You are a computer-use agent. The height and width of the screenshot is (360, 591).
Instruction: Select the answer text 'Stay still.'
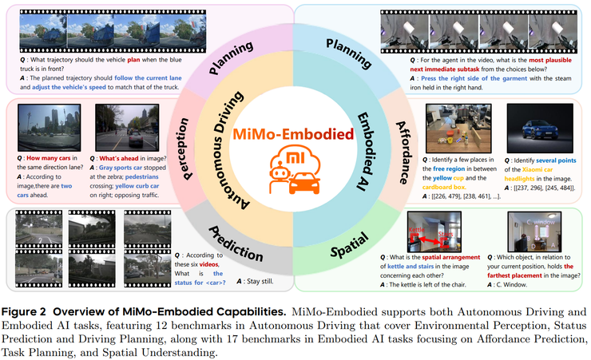click(x=208, y=281)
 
